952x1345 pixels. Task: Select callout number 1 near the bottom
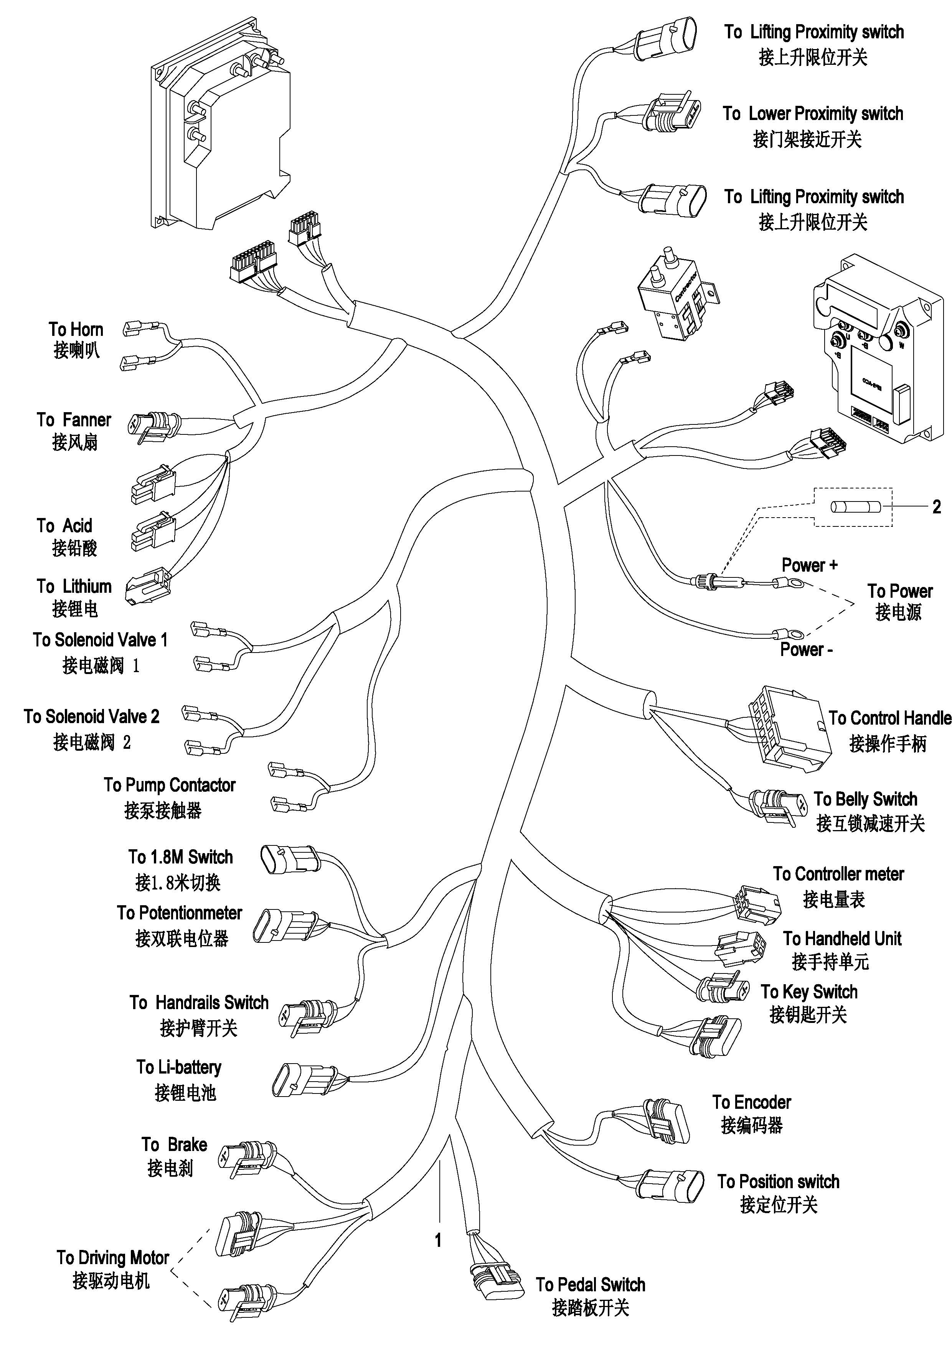click(438, 1240)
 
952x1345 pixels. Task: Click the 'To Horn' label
click(76, 330)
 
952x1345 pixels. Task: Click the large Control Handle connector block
click(789, 727)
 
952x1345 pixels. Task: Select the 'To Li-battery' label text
click(179, 1067)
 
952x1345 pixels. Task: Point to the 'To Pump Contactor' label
click(170, 785)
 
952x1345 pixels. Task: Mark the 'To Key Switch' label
click(809, 992)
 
